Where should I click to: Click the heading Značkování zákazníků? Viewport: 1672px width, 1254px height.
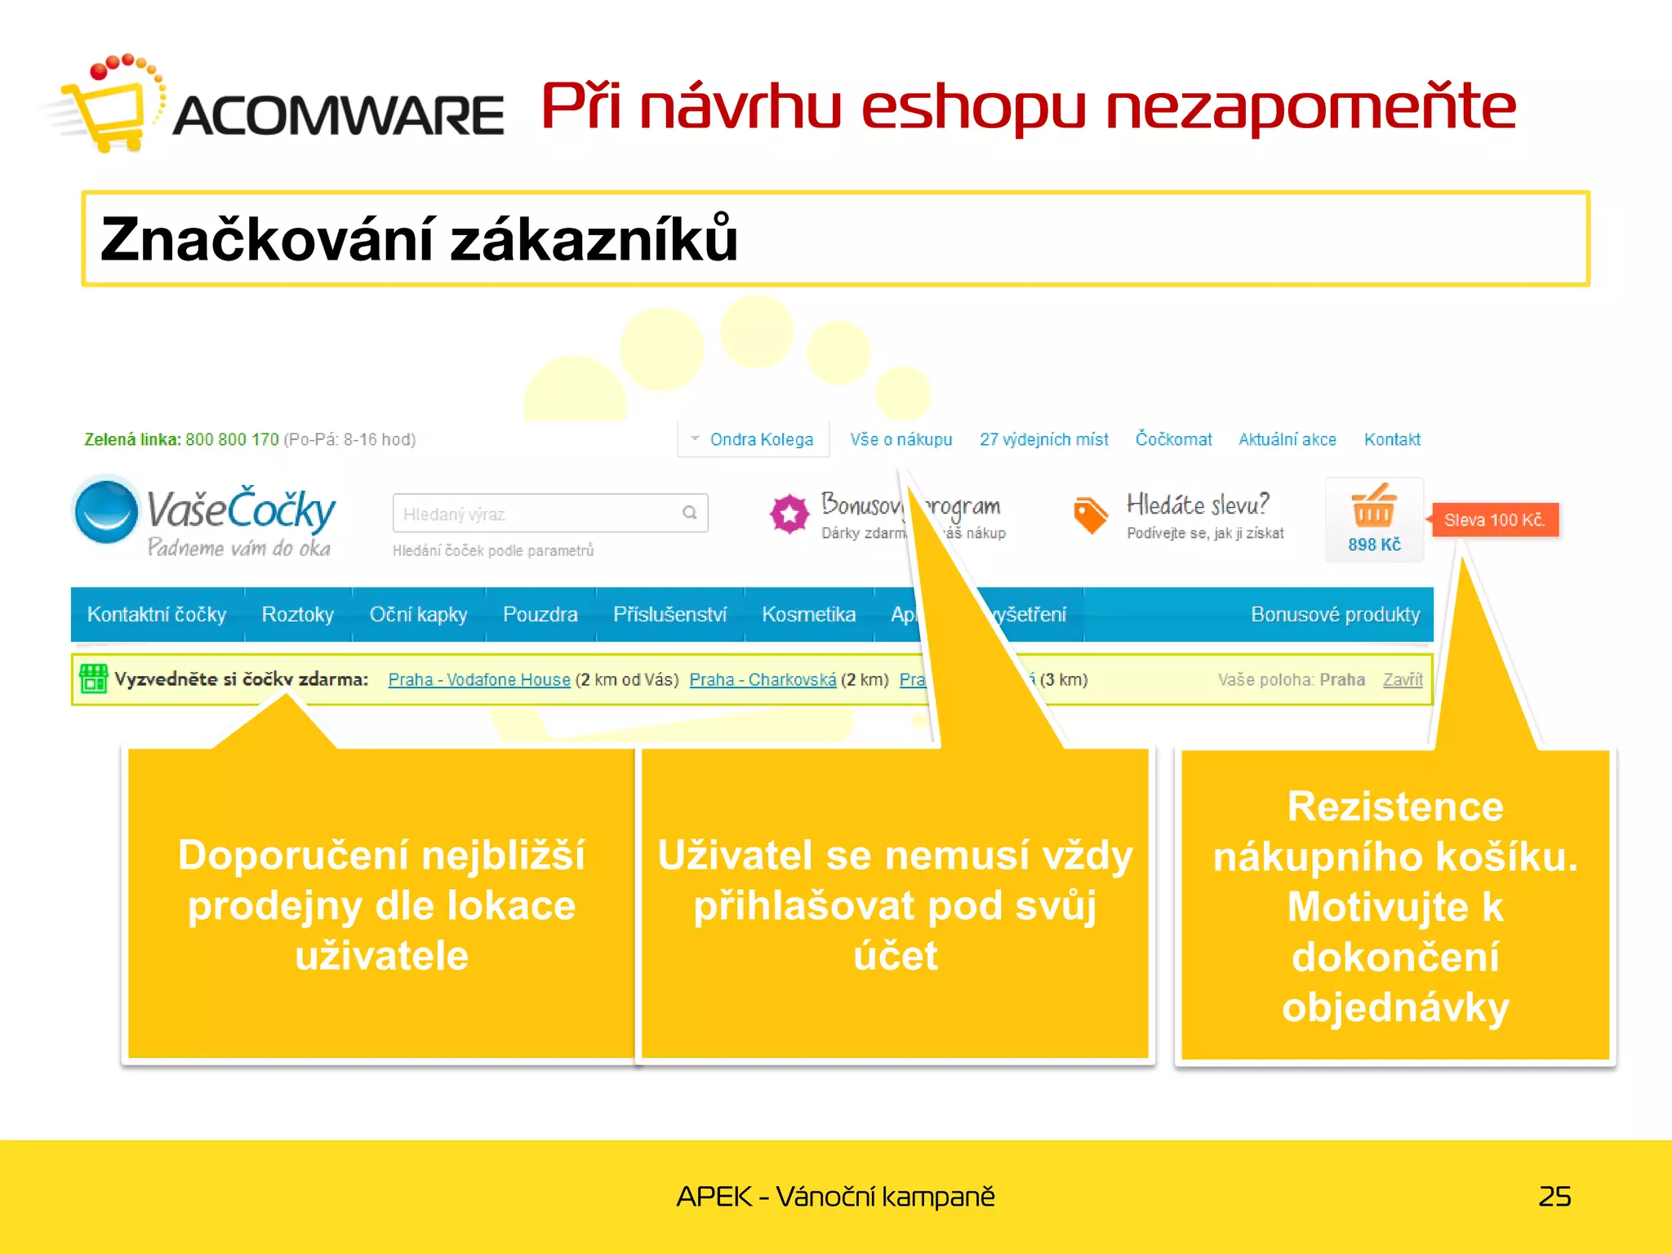click(419, 238)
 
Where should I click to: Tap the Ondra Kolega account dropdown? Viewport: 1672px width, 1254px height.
click(753, 439)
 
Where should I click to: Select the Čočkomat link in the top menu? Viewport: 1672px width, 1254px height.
click(1173, 439)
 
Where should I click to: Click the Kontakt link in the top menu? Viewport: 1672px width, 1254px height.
click(1392, 439)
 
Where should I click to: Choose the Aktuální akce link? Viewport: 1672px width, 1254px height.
click(1287, 439)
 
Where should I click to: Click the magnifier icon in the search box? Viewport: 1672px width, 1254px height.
click(690, 513)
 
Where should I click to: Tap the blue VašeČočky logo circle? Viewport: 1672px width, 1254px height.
click(106, 511)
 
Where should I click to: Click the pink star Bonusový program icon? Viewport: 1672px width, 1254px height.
click(789, 514)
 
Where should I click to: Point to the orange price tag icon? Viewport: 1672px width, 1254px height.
click(1090, 514)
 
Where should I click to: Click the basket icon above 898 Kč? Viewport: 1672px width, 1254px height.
click(1374, 506)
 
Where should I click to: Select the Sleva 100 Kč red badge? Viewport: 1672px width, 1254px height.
click(1494, 520)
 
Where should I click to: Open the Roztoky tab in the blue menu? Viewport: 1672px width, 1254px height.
click(297, 614)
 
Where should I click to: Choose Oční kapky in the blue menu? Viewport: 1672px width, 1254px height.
click(418, 614)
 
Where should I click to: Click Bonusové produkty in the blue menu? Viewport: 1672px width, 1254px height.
click(1335, 614)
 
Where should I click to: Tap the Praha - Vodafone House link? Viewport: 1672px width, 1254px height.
click(479, 679)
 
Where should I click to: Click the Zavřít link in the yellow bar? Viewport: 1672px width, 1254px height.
click(1402, 679)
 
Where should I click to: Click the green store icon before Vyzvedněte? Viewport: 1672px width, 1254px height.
click(93, 678)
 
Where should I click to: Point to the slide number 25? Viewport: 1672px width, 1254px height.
click(1554, 1196)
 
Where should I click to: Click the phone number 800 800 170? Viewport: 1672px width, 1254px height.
click(232, 439)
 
